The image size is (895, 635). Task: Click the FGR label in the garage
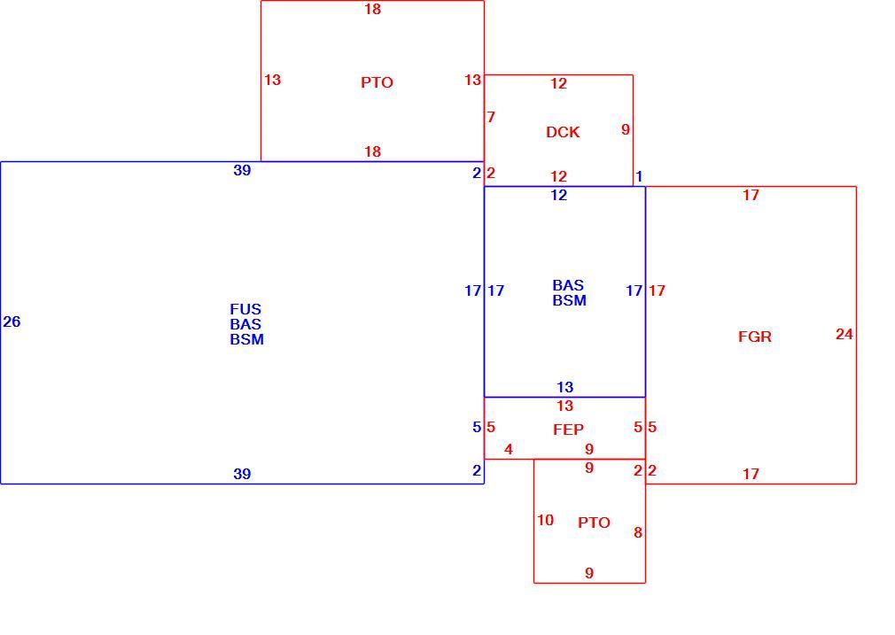[x=755, y=337]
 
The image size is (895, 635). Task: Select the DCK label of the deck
[x=563, y=132]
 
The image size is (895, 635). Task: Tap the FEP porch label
[x=569, y=430]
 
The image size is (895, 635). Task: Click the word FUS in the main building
[x=245, y=309]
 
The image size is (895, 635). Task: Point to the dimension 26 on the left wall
[x=12, y=321]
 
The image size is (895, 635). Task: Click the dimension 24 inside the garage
[x=844, y=335]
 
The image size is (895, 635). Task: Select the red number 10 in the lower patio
[x=545, y=521]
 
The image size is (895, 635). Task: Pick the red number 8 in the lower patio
[x=638, y=533]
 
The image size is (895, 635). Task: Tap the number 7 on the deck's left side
[x=491, y=117]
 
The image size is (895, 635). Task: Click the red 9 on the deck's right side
[x=626, y=129]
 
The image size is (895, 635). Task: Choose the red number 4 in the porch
[x=509, y=450]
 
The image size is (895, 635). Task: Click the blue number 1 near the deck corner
[x=639, y=177]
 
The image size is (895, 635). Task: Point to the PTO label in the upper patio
[x=377, y=82]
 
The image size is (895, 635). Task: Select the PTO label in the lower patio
[x=595, y=523]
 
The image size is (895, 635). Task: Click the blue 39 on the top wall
[x=242, y=170]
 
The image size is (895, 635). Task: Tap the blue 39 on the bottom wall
[x=242, y=474]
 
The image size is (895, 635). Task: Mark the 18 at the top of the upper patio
[x=373, y=9]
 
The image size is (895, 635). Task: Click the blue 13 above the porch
[x=565, y=387]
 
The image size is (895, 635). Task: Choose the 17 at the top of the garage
[x=751, y=195]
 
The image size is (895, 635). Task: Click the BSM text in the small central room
[x=569, y=300]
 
